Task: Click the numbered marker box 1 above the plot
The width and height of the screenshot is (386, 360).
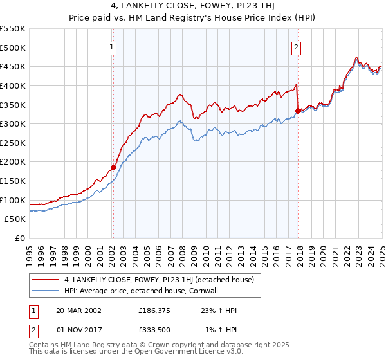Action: [x=113, y=46]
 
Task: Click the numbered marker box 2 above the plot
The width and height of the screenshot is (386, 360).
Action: [x=297, y=46]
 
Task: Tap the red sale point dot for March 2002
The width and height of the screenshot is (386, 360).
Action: [x=113, y=167]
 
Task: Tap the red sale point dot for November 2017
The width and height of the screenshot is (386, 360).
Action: [x=298, y=111]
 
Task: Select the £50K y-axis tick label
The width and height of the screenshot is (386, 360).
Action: [x=15, y=219]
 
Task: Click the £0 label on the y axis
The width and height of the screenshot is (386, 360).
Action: [x=21, y=239]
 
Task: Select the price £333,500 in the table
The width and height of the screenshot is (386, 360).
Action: [x=155, y=330]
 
